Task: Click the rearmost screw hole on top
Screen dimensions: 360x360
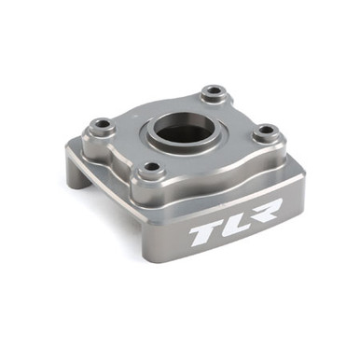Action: [214, 92]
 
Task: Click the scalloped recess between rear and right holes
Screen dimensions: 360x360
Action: [248, 109]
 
